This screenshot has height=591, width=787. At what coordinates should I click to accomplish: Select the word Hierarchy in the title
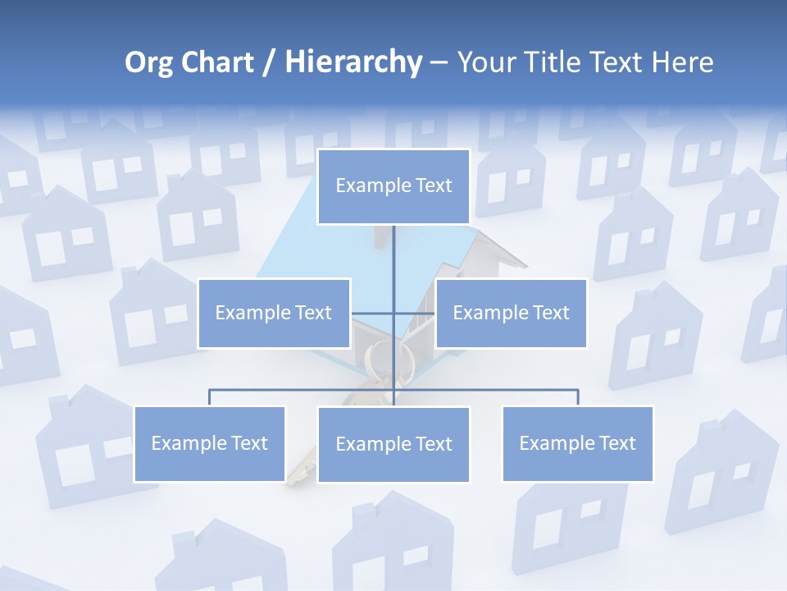(x=353, y=62)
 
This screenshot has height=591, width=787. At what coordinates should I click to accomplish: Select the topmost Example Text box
(x=393, y=186)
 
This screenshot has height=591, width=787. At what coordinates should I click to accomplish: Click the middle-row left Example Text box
(x=274, y=313)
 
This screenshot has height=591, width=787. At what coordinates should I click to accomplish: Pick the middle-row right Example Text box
(x=511, y=313)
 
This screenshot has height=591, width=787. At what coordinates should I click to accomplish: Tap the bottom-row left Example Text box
(x=210, y=443)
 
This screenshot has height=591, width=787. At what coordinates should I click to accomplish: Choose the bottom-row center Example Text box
(x=393, y=444)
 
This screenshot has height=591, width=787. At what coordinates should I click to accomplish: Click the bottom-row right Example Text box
(x=577, y=443)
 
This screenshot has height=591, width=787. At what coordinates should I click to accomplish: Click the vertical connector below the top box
(x=393, y=254)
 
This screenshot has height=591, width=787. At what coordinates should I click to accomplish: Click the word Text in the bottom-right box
(x=615, y=443)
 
